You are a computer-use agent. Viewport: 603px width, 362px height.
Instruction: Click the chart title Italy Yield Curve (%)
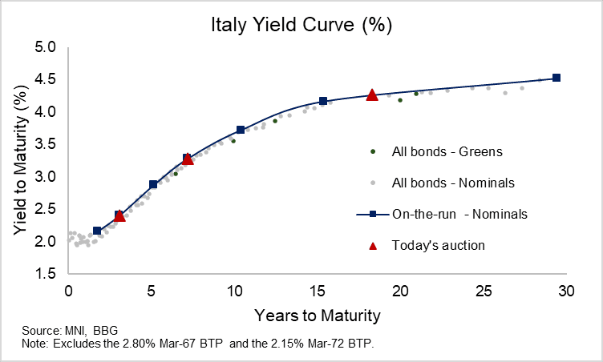[x=301, y=25]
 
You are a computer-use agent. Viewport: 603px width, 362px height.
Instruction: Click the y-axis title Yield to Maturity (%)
[x=19, y=160]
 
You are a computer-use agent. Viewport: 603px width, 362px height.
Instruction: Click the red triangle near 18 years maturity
[x=372, y=95]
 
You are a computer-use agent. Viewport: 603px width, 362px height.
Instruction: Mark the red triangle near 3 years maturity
[x=119, y=215]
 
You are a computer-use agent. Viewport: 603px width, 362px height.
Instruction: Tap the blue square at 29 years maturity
[x=556, y=78]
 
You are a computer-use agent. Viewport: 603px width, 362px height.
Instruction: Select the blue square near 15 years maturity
[x=323, y=101]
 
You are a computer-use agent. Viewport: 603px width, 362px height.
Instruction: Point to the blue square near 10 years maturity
[x=241, y=130]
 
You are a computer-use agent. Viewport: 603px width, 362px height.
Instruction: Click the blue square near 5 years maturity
[x=153, y=184]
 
